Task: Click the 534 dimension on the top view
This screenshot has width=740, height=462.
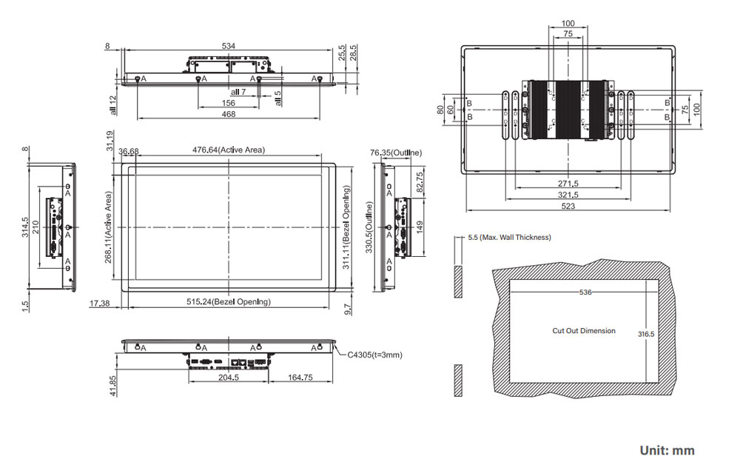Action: click(x=229, y=46)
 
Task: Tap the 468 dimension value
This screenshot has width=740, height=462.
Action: click(x=229, y=114)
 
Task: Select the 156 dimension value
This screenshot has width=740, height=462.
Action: click(x=229, y=103)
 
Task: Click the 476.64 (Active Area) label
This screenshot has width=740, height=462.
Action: click(x=229, y=150)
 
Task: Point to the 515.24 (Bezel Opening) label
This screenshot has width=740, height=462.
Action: click(x=229, y=302)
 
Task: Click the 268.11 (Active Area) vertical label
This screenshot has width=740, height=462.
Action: click(x=109, y=227)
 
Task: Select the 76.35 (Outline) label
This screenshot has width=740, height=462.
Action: click(x=396, y=153)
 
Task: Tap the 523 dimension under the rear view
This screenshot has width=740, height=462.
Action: click(x=568, y=207)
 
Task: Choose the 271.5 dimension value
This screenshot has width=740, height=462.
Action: click(x=568, y=183)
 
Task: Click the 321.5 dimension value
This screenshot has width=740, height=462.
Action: click(x=568, y=195)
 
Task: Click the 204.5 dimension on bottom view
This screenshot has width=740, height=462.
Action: click(x=228, y=377)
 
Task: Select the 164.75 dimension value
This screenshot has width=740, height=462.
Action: click(x=300, y=377)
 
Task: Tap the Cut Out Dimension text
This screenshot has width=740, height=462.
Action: click(x=584, y=331)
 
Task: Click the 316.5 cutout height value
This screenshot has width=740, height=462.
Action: click(x=646, y=334)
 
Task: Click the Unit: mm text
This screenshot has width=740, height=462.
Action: click(x=667, y=450)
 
